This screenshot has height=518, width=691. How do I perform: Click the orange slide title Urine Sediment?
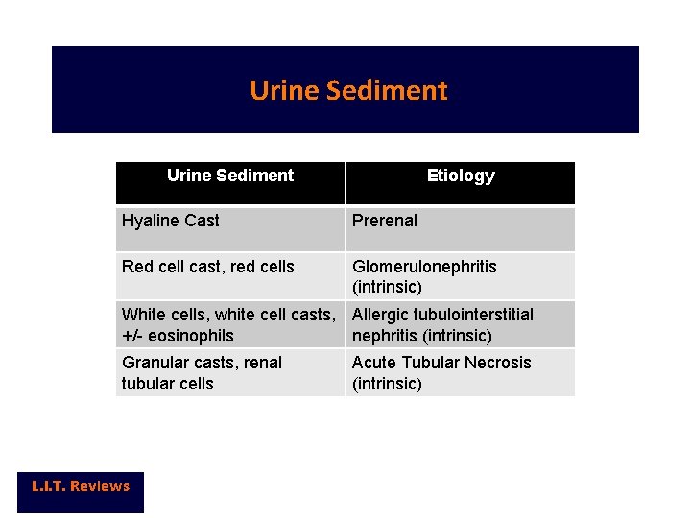click(348, 90)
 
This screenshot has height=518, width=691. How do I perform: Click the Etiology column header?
click(461, 176)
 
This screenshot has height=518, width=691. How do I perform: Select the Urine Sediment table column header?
click(230, 176)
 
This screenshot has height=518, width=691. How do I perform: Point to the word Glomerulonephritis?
click(424, 267)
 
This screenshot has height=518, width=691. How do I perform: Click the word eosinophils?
click(191, 336)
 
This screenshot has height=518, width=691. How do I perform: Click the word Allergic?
click(381, 315)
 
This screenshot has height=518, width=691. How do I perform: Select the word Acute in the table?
click(373, 363)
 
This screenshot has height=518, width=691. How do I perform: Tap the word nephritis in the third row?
click(385, 336)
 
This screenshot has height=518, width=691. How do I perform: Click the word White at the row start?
click(143, 315)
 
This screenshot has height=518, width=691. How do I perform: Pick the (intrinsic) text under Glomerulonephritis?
click(387, 288)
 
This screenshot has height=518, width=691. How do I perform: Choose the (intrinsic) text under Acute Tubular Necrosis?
click(387, 384)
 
